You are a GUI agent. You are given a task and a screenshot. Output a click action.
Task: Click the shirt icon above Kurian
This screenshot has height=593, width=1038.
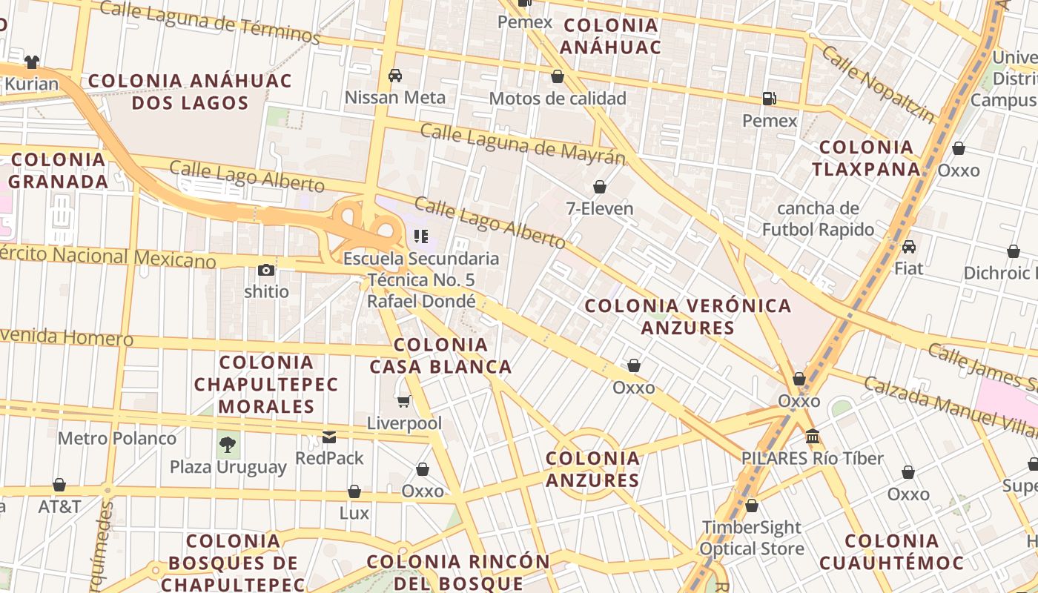[32, 62]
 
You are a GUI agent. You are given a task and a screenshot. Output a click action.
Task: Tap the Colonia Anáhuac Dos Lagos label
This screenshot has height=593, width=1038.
[190, 91]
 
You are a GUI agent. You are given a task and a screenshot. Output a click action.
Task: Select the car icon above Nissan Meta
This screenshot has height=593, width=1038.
[395, 75]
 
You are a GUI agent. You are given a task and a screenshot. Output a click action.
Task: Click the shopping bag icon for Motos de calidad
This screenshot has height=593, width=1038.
[558, 76]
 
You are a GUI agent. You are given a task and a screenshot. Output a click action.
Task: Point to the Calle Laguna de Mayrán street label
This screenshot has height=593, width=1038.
[523, 144]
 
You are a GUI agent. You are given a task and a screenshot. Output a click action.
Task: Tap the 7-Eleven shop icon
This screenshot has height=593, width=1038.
[599, 187]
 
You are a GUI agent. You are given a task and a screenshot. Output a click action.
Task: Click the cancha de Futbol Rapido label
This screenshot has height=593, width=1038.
[818, 219]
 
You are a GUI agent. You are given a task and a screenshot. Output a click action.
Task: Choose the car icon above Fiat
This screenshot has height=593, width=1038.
[908, 246]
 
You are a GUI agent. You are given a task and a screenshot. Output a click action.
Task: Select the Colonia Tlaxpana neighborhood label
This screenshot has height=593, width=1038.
[866, 158]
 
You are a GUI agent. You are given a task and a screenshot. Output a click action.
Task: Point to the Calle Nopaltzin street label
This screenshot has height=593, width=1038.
[879, 84]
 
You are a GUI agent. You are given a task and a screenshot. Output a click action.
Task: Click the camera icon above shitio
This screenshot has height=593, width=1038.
[266, 270]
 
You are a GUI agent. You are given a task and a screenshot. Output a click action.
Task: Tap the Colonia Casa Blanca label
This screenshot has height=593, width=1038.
[440, 355]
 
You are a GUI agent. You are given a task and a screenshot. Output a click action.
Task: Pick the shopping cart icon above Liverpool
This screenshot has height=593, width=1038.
[404, 401]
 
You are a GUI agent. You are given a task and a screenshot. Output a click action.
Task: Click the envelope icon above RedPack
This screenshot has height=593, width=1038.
[329, 437]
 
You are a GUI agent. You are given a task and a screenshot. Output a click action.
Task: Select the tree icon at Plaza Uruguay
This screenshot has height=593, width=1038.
[228, 445]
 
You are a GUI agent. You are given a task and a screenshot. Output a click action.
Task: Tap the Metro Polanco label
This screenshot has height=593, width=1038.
[117, 438]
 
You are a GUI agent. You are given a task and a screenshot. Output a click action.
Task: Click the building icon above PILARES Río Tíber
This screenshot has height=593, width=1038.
[812, 436]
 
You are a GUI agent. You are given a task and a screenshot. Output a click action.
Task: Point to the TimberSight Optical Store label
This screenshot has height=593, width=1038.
[752, 538]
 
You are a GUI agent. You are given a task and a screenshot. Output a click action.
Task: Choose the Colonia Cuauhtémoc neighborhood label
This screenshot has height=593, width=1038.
[891, 551]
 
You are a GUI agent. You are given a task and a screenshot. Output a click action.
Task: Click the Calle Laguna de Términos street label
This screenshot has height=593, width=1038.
[209, 21]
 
